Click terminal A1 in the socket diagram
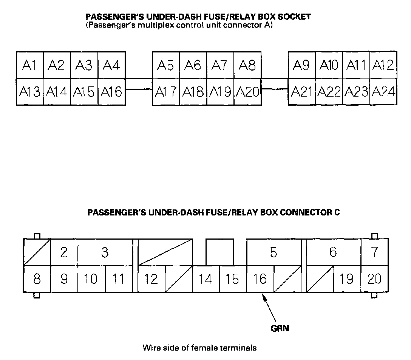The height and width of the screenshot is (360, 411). pos(30,65)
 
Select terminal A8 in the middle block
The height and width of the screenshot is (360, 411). pos(247,65)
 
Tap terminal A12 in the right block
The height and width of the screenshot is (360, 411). pos(383,65)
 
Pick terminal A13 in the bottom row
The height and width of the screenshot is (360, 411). pos(30,92)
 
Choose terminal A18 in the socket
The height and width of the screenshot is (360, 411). pos(193,92)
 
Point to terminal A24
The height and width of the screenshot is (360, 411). pos(383,92)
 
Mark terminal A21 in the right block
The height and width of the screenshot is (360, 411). pos(302,92)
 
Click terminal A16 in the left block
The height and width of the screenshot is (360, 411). pos(111,92)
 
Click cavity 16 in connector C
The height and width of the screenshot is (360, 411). pos(260,279)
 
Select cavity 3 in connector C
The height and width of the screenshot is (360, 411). pos(105,252)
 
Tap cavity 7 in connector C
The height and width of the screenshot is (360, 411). pos(375,252)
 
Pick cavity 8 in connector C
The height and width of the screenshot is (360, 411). pos(37,279)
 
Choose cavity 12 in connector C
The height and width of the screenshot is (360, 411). pos(151,279)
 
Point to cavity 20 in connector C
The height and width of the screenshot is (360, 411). pos(375,279)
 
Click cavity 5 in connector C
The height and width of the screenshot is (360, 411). pos(273,252)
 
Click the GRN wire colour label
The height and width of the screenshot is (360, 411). pos(280,328)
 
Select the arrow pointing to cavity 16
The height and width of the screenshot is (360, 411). pos(269,308)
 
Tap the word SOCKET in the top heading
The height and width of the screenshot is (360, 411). pos(294,17)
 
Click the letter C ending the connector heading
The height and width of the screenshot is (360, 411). pos(337,212)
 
